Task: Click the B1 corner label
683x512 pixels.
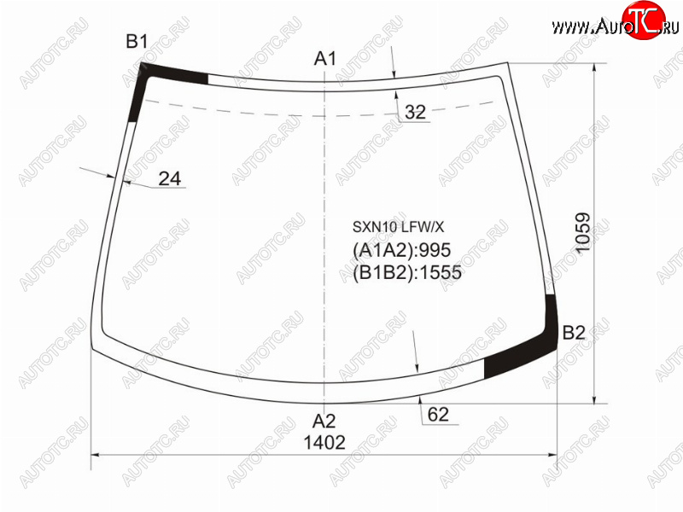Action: pos(137,42)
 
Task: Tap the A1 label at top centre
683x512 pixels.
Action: pos(325,58)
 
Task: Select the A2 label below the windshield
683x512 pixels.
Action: pos(324,421)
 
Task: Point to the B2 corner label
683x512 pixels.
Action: pos(574,333)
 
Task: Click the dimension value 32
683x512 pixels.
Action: pos(415,113)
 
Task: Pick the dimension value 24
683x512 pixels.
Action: pos(169,178)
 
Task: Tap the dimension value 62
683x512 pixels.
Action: pos(438,415)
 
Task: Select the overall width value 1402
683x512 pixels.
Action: pos(324,443)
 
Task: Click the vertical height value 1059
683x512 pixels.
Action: pos(583,232)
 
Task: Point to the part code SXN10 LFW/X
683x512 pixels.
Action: pos(398,227)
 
